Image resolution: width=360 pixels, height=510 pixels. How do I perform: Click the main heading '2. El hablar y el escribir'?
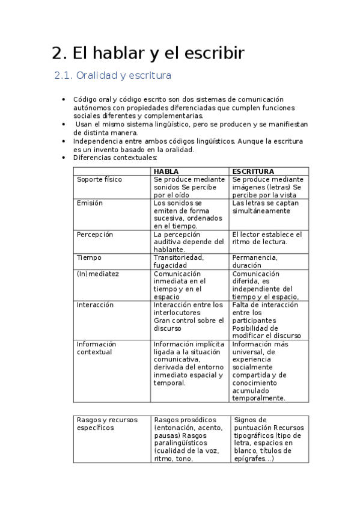(148, 53)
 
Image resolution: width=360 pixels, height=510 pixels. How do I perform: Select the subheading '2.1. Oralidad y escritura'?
(113, 76)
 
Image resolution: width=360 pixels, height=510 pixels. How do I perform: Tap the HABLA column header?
(166, 171)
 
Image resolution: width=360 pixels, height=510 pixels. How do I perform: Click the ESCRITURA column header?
(253, 171)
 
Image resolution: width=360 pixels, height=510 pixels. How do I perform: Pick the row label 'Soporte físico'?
(99, 179)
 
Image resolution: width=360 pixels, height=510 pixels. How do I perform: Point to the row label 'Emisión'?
(90, 203)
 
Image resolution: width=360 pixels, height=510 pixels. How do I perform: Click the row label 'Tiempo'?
(89, 257)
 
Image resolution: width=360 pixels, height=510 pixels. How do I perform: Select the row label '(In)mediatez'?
(97, 273)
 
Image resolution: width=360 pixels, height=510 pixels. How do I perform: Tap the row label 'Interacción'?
(95, 305)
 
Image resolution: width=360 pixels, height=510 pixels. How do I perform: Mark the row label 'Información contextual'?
(96, 348)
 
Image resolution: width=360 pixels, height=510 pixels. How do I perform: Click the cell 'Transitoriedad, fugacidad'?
(178, 261)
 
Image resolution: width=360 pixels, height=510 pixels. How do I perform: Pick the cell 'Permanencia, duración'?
(255, 261)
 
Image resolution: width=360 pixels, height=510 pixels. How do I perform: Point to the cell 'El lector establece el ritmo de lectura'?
(267, 238)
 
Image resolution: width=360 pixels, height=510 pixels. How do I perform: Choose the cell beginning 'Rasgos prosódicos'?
(189, 439)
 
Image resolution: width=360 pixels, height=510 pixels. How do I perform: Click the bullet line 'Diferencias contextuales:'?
(115, 158)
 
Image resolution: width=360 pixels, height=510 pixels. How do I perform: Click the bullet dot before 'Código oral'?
(64, 99)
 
